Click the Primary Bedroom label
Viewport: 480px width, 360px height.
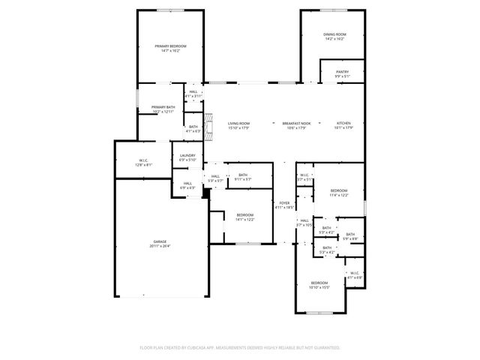coord(170,46)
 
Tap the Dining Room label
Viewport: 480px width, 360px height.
coord(334,34)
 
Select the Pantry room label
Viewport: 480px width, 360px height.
coord(342,73)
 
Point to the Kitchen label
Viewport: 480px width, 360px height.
coord(343,123)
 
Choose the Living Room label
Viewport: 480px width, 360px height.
coord(238,123)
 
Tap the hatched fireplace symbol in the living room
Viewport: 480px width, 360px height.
coord(210,123)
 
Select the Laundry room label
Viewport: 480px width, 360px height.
coord(187,156)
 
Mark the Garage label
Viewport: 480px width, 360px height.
coord(159,241)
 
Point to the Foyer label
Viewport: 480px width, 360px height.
coord(284,203)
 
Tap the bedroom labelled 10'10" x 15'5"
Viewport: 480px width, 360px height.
coord(320,283)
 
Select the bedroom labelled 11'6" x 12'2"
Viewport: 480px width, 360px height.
coord(339,191)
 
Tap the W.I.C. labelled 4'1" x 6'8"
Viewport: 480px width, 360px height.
coord(354,274)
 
